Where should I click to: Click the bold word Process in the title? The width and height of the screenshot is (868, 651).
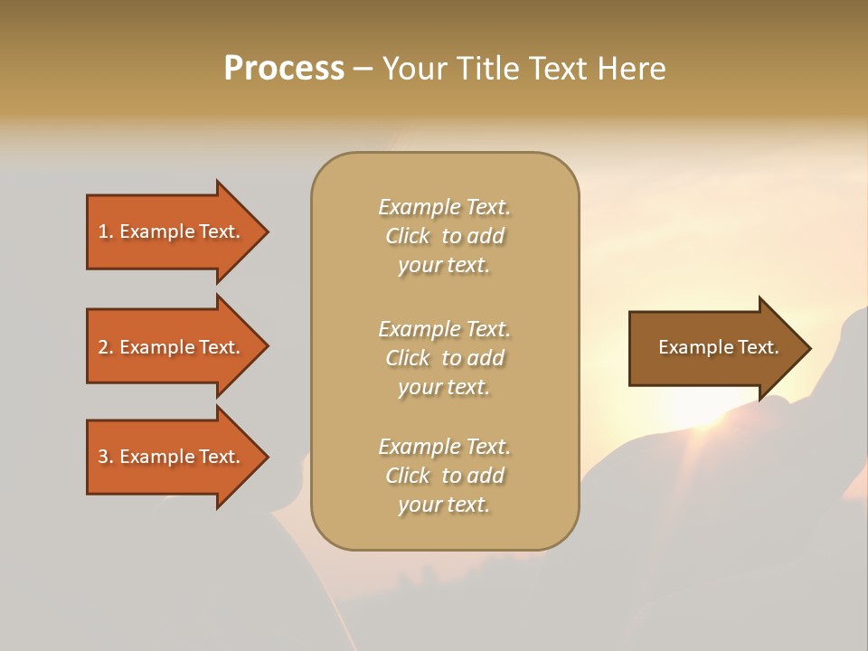point(284,69)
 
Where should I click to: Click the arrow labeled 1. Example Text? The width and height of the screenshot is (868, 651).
point(172,231)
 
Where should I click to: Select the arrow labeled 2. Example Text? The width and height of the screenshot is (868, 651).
point(172,347)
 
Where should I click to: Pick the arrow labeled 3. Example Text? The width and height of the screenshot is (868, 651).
point(172,457)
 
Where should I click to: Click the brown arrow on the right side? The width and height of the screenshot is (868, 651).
point(714,348)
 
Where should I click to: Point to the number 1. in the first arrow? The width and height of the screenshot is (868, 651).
point(106,231)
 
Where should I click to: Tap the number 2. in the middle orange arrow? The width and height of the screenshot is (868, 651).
point(106,347)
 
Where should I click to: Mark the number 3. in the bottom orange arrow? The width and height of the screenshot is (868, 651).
point(106,457)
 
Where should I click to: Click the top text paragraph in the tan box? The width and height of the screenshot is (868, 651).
point(444,236)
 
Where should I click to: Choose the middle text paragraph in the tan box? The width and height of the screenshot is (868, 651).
point(444,358)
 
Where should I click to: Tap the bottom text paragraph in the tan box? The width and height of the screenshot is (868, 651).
point(444,476)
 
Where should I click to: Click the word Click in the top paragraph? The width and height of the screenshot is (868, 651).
point(408,236)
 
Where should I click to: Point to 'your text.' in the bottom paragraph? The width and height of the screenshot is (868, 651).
point(444,505)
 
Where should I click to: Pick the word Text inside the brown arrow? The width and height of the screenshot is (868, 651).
point(758,347)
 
